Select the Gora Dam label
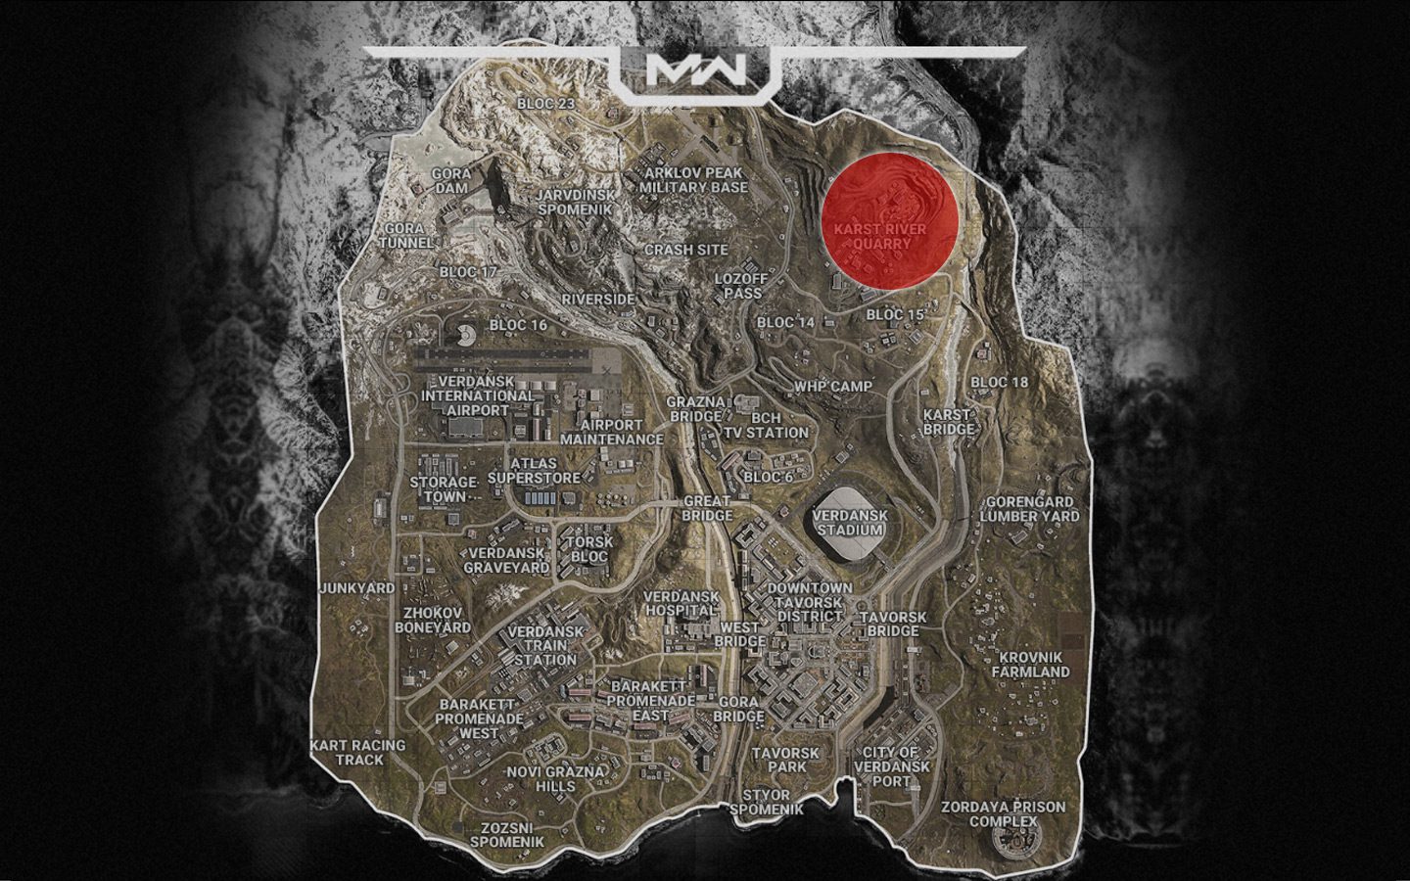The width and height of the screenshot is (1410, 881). (451, 180)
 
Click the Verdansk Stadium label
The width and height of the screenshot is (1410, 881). (850, 524)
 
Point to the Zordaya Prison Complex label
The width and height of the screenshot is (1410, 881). (1003, 814)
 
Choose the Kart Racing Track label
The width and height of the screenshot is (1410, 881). (357, 752)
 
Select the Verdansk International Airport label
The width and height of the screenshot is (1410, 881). (478, 394)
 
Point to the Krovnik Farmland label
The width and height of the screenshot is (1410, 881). (1030, 665)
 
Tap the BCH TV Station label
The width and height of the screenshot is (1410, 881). (766, 425)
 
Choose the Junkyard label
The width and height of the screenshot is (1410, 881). (344, 588)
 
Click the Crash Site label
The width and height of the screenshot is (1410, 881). (685, 250)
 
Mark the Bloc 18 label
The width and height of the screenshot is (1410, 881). (999, 382)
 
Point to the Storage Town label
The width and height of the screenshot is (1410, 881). (444, 489)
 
